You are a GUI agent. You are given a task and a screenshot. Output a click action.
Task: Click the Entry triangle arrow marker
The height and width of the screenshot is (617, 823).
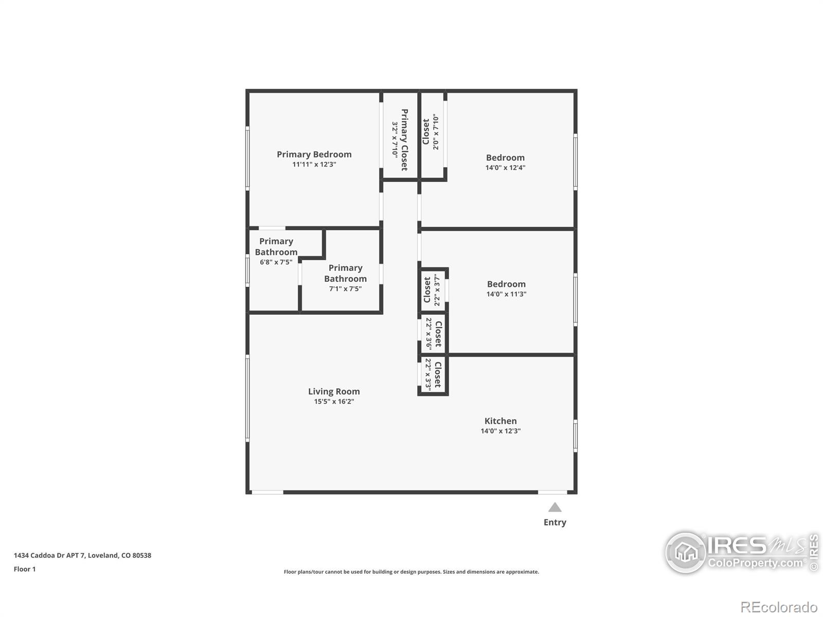point(554,508)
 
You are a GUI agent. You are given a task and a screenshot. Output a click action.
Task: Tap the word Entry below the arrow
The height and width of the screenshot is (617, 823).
point(554,522)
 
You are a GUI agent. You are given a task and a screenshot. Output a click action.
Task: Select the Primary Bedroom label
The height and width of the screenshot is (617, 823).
point(314,154)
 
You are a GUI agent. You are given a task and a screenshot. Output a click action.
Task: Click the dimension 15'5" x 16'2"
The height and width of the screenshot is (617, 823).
point(334,402)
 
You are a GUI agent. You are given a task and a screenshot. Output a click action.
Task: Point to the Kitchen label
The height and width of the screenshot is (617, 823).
point(500,421)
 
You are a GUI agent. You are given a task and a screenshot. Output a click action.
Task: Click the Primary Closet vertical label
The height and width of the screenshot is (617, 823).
point(404,139)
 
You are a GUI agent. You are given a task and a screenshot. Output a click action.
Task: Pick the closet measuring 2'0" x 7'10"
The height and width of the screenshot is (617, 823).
point(432,133)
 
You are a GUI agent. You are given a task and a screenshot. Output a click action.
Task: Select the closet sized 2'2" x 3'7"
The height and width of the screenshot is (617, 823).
point(433,291)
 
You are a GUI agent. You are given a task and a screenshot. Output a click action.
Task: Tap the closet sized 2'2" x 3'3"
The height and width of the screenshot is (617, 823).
point(433,375)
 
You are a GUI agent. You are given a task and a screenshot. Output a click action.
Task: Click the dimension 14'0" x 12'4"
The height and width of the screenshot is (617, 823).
point(505,168)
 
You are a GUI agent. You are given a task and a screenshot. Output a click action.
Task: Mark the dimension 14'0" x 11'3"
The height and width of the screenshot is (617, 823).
point(506,294)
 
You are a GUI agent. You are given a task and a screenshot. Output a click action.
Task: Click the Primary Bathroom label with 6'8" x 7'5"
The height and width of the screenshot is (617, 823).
point(276,247)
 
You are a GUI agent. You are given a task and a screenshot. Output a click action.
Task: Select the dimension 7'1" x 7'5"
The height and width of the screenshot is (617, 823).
point(345,289)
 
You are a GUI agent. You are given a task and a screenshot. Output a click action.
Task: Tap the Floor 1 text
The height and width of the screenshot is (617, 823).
point(25,569)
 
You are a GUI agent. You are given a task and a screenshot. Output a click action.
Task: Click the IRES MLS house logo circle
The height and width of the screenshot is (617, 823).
point(686,553)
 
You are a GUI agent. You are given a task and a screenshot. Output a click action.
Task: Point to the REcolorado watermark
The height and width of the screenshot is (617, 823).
point(779,607)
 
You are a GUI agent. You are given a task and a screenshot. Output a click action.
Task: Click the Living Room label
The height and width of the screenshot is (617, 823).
point(334,392)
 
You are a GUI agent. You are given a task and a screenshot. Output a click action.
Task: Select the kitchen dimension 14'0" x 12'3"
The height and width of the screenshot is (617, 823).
point(500,431)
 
